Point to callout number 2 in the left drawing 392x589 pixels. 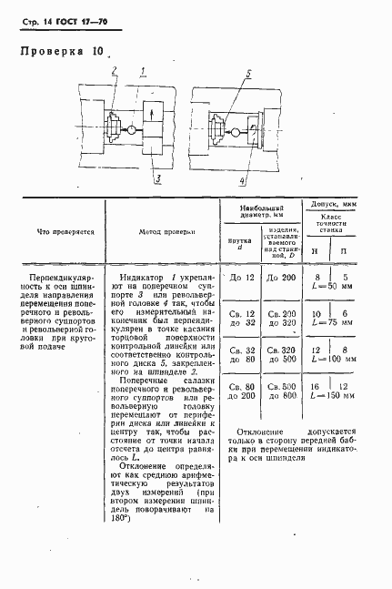tap(114, 70)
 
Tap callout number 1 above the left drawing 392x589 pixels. tap(143, 70)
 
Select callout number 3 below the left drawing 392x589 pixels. tap(158, 178)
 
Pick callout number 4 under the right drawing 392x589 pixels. tap(241, 180)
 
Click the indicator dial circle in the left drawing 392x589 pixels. tap(131, 131)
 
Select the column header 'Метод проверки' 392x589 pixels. tap(168, 231)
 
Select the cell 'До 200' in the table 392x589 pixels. tap(282, 275)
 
